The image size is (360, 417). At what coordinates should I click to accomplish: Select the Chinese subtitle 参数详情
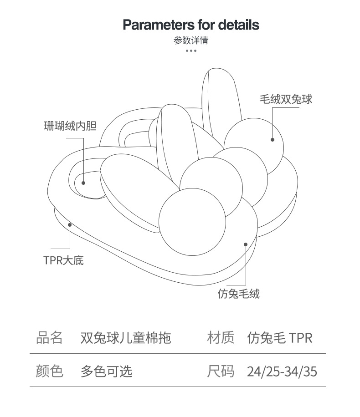191,41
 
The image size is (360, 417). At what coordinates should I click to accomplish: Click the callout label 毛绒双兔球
286,99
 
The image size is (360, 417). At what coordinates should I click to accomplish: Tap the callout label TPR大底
64,260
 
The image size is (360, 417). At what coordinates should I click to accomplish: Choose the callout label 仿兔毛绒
238,294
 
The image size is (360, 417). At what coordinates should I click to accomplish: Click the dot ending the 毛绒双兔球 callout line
273,140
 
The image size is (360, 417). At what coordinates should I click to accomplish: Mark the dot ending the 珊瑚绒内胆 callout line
83,183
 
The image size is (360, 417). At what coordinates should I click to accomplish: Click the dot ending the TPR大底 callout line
70,224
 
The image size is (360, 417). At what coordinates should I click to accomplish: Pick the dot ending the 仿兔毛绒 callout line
246,244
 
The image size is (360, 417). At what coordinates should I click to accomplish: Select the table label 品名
49,338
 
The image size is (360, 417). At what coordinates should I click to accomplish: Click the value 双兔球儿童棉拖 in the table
126,338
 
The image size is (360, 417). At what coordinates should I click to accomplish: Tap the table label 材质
221,338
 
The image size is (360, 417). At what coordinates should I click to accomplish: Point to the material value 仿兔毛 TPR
280,338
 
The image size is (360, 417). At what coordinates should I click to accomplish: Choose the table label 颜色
49,371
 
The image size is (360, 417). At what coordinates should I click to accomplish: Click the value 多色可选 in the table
107,371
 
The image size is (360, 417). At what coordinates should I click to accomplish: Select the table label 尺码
221,371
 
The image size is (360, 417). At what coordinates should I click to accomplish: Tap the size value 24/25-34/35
282,371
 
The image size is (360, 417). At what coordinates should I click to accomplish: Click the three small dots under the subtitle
191,51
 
